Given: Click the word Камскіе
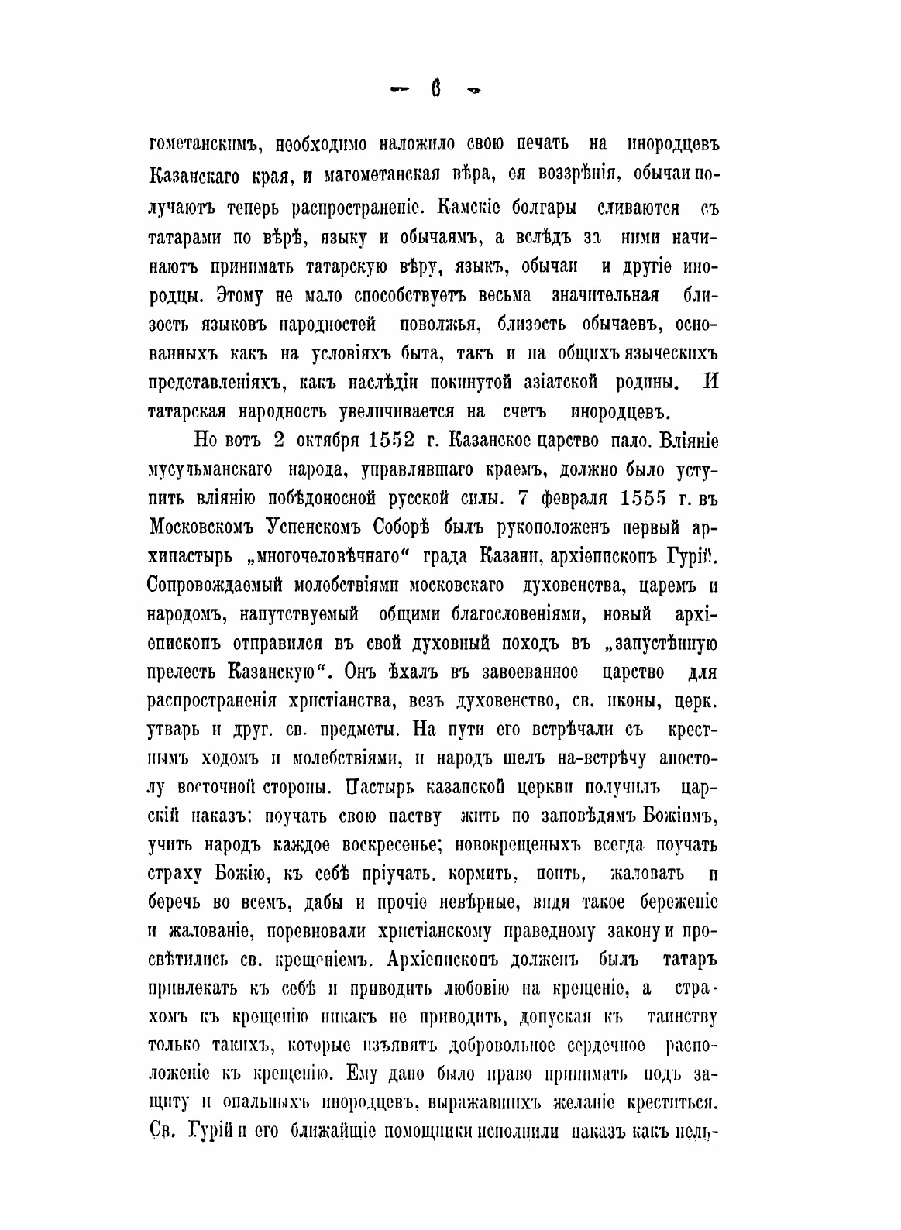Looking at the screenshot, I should point(475,208).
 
